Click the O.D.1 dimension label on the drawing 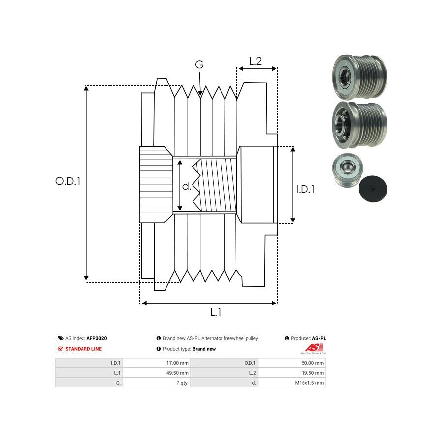pos(68,181)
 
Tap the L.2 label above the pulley pos(255,61)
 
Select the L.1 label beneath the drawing pos(216,312)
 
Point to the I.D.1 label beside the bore pos(305,188)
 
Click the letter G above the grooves pos(199,64)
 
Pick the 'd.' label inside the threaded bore pos(187,186)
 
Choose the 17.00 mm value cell pos(178,363)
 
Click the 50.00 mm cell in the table pos(313,363)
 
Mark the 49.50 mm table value pos(178,373)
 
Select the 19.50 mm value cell pos(313,373)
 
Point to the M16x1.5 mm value pos(308,383)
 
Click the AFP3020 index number pos(97,338)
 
